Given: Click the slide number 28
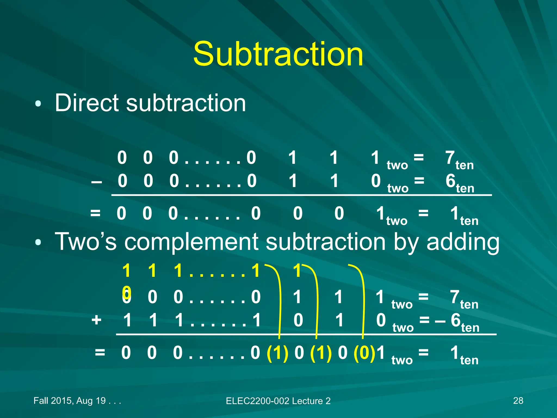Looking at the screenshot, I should (x=518, y=401).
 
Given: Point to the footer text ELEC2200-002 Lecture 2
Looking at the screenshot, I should (x=278, y=401).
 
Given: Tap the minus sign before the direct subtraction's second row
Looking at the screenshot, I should (x=97, y=182).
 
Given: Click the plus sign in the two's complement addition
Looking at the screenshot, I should (x=97, y=320).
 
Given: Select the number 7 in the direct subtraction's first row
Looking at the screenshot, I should (x=450, y=158).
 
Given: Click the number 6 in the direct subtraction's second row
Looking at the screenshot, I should (x=450, y=181).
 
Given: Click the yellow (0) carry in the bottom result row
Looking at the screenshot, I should (x=364, y=353).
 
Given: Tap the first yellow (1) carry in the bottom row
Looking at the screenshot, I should (x=277, y=353).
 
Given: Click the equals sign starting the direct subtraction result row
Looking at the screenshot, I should (x=95, y=213).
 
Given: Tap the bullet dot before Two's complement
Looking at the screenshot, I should (x=38, y=242).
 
